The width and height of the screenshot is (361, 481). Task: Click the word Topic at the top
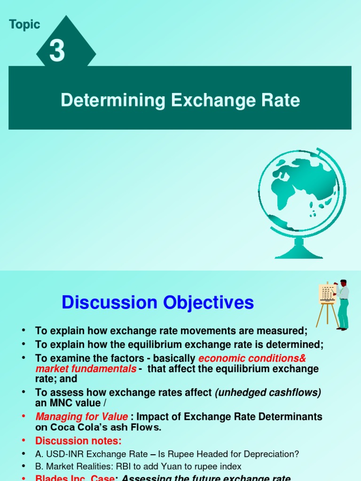coord(24,25)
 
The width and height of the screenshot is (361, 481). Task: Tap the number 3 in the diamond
coord(57,51)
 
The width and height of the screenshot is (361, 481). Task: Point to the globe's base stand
coord(298,249)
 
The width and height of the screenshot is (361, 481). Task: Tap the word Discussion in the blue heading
coord(109,303)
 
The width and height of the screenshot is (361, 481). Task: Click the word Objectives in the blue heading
coord(208,303)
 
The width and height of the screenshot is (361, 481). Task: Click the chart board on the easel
coord(327,293)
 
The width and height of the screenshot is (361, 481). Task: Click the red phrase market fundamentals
coord(86,369)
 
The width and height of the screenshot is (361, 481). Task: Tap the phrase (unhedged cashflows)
coord(268,393)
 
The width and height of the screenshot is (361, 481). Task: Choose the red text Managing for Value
coord(81,417)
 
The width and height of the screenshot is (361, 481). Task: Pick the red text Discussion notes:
coord(78,441)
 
